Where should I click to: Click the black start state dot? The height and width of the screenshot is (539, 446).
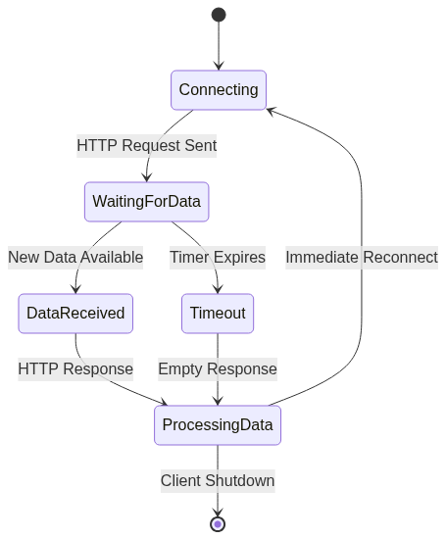click(x=219, y=15)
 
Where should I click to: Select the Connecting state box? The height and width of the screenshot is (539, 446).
click(x=219, y=90)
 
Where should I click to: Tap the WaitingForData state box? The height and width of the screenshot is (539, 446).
click(x=147, y=202)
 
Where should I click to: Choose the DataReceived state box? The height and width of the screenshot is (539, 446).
click(x=75, y=314)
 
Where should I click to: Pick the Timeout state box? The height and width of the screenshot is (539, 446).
click(x=218, y=314)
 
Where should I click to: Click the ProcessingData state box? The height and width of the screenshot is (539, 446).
click(x=218, y=425)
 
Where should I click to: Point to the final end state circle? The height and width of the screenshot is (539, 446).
click(x=218, y=524)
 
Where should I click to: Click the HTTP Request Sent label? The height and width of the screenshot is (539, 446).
click(x=147, y=146)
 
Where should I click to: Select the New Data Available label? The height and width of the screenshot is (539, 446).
click(x=75, y=258)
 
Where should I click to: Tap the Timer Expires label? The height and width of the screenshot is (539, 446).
click(x=218, y=258)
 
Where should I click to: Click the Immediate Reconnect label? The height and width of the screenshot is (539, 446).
click(x=362, y=258)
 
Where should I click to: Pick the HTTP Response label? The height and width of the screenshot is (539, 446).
click(x=75, y=369)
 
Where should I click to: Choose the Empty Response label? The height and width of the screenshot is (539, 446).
click(x=218, y=369)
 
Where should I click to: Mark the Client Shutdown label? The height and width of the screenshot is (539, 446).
click(x=218, y=481)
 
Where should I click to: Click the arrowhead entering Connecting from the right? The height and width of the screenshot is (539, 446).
click(x=271, y=111)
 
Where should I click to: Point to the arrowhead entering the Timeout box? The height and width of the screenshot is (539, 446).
click(x=218, y=289)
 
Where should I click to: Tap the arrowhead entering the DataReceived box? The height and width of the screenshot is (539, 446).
click(x=75, y=289)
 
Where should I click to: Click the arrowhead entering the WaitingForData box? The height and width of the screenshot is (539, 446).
click(x=147, y=177)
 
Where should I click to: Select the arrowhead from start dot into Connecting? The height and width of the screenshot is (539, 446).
click(x=219, y=66)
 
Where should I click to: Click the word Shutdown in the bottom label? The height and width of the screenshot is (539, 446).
click(x=240, y=481)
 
